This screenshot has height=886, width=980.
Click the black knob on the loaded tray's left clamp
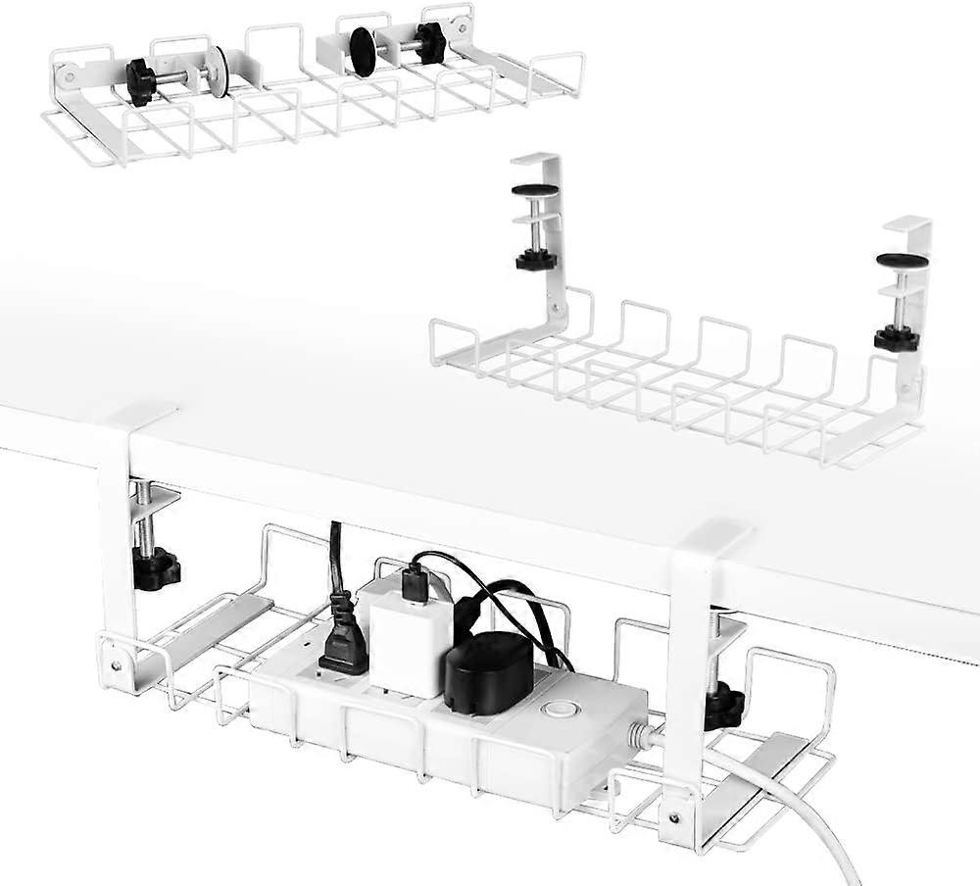[156, 568]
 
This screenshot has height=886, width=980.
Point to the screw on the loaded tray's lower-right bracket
[672, 810]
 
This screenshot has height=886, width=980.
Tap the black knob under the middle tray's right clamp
[896, 338]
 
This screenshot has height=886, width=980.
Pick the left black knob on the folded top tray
[140, 81]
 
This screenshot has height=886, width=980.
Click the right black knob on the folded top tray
[429, 42]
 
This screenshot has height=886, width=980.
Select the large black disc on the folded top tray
[363, 52]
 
